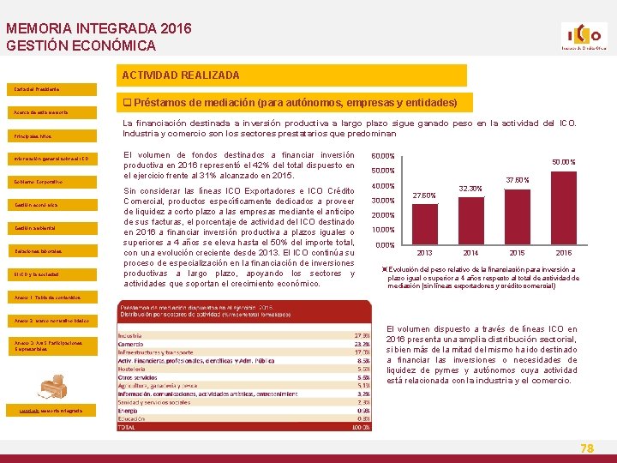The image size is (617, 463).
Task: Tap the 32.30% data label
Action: pos(470,189)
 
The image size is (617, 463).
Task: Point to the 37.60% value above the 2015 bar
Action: pos(518,180)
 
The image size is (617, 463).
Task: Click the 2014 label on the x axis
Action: pos(471,253)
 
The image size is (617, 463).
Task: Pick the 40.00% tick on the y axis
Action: pos(382,186)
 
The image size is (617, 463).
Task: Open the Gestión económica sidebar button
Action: pos(36,205)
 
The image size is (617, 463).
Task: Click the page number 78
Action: pos(587,448)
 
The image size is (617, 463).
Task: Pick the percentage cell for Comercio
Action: pos(362,343)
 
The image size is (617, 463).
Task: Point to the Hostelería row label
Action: pos(133,368)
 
